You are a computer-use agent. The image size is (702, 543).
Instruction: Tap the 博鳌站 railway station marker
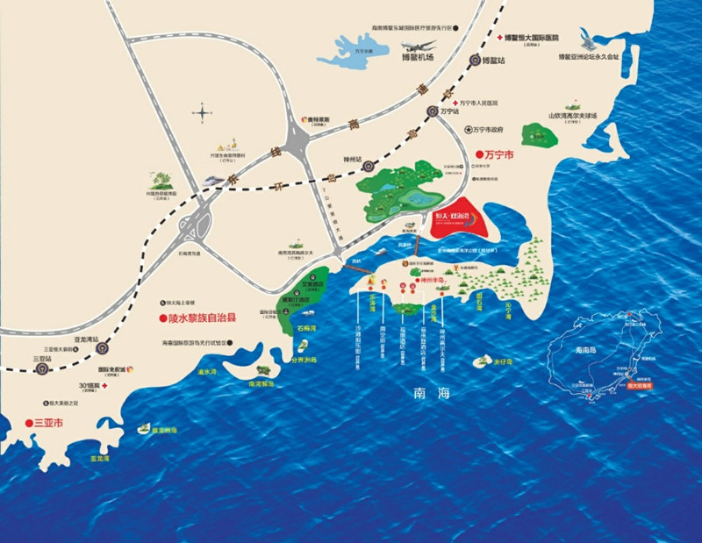pos(475,61)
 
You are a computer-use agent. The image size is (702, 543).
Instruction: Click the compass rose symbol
pos(204,111)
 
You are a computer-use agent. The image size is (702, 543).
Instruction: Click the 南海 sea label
pos(433,394)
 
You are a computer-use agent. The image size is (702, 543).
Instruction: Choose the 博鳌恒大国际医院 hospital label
pos(536,39)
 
